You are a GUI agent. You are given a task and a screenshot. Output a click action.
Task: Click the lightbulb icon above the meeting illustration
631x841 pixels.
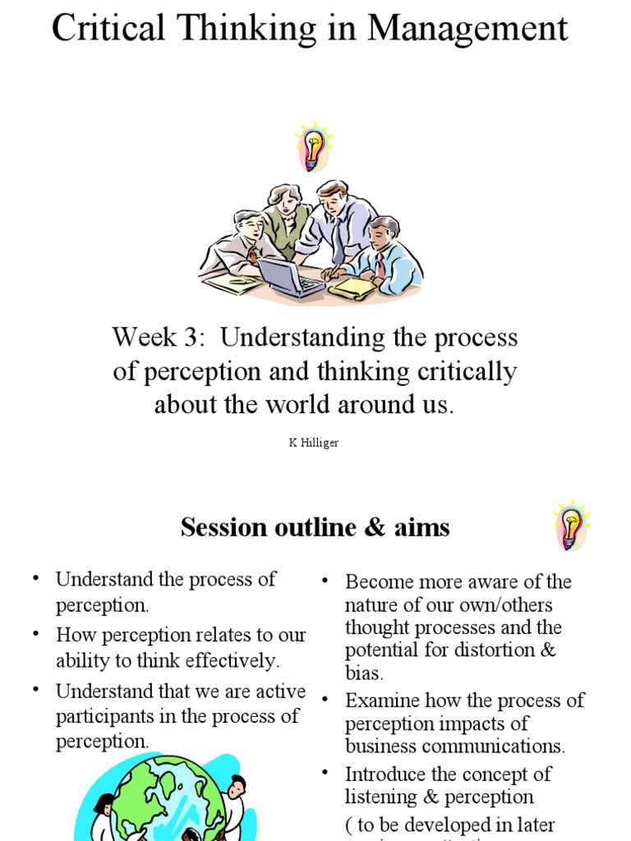[x=312, y=147]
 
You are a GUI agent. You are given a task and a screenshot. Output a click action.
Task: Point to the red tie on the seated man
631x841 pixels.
[x=380, y=264]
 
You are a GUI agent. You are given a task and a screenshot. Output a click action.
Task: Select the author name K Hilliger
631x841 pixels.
[x=313, y=443]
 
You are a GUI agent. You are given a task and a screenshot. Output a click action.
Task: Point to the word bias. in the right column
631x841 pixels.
[x=364, y=673]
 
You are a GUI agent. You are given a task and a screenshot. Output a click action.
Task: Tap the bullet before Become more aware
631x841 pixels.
[x=325, y=581]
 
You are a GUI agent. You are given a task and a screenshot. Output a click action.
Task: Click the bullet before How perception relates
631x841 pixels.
[x=35, y=634]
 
